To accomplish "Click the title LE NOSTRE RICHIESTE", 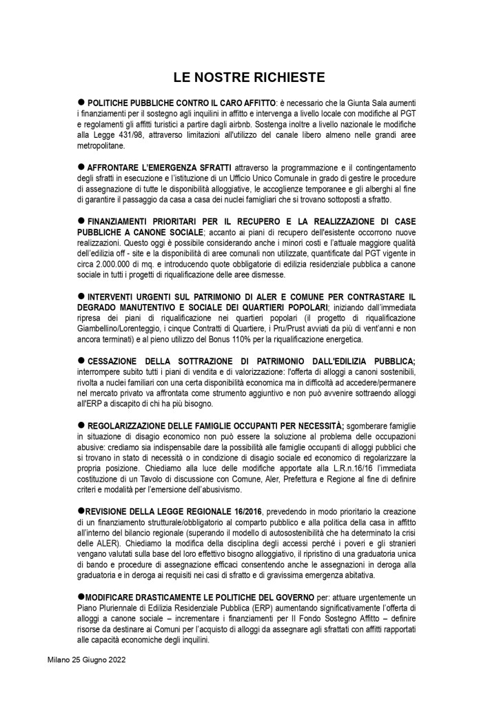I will click(250, 76).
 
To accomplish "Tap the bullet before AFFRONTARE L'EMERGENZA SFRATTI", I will click(81, 166).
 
